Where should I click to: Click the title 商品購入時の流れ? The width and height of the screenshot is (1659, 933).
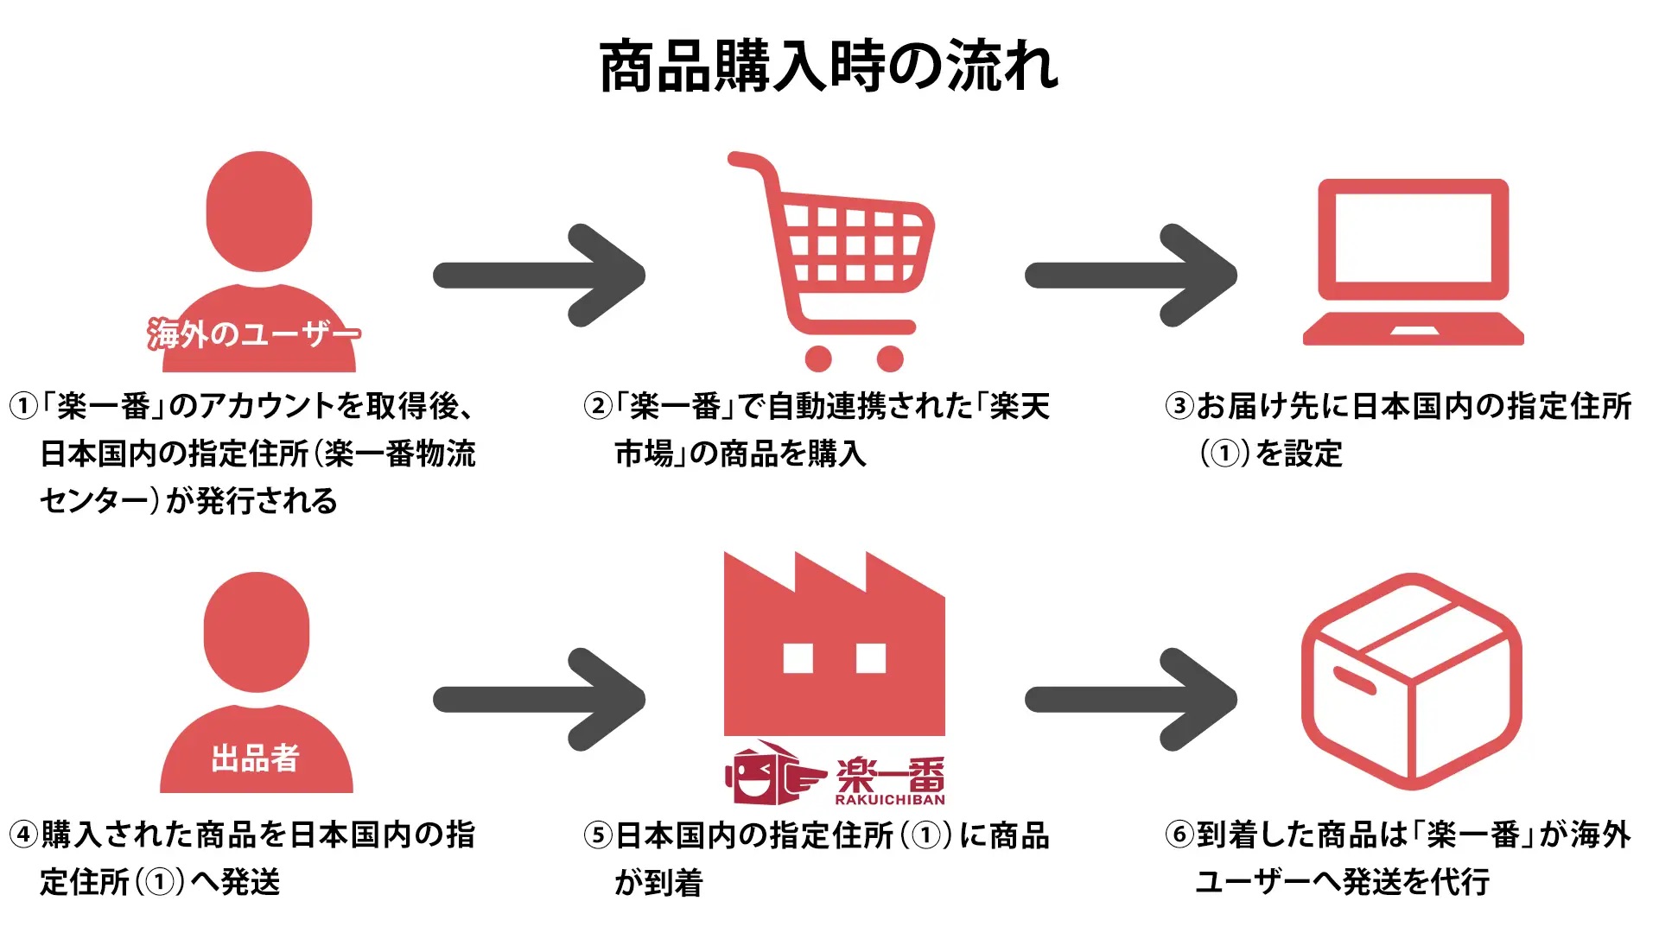(829, 67)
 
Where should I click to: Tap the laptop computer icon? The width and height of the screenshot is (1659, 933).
(1414, 263)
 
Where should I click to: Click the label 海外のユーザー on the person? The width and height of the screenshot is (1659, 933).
(254, 333)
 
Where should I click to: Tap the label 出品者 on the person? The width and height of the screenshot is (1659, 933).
(256, 758)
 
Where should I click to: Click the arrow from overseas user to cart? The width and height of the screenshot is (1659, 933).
(539, 276)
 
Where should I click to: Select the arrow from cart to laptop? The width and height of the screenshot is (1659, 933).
(1131, 276)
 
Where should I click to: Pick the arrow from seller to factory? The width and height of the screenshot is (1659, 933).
(539, 699)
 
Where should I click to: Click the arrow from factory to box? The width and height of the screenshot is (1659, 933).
(1131, 699)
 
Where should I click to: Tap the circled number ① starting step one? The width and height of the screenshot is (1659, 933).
(24, 406)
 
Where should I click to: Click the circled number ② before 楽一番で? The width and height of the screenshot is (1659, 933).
(598, 406)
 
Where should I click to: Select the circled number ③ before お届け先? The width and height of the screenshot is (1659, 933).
(1179, 406)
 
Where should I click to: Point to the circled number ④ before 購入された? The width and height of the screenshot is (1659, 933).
(24, 835)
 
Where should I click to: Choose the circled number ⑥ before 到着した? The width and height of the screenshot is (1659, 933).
(1179, 835)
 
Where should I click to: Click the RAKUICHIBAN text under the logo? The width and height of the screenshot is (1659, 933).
(890, 800)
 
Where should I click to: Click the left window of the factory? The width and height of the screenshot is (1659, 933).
(798, 658)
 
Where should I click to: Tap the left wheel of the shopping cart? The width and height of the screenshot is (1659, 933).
(817, 358)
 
